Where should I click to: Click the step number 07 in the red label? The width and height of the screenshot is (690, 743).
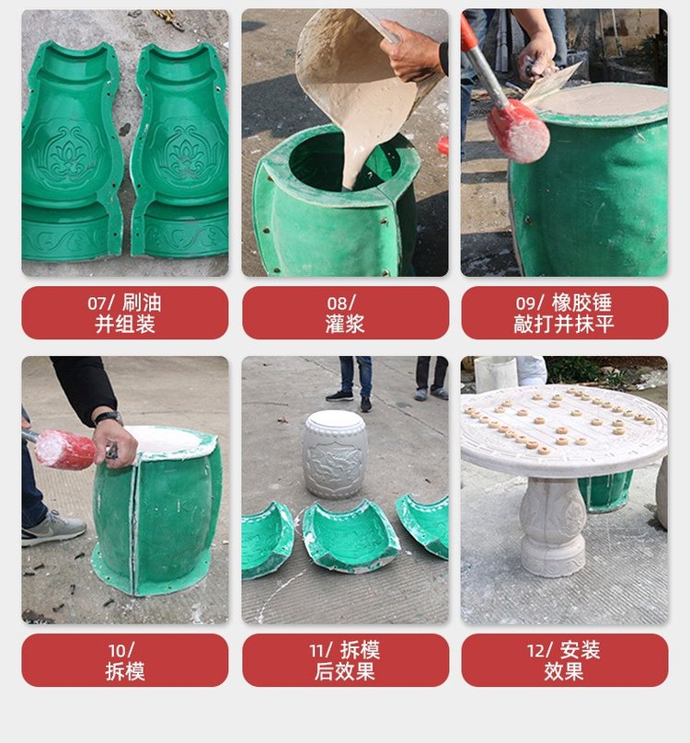tap(98, 303)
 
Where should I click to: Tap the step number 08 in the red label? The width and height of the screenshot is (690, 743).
tap(337, 303)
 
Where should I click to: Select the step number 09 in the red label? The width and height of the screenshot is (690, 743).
tap(526, 303)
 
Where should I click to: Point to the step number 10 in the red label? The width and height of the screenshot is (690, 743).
tap(118, 650)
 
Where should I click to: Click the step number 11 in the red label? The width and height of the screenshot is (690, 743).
tap(317, 650)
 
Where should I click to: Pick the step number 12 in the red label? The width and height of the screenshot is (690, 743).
tap(537, 650)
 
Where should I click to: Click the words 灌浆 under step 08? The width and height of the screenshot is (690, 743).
tap(345, 325)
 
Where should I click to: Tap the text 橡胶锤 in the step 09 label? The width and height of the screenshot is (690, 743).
tap(581, 303)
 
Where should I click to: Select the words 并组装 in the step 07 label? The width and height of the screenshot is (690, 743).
tap(125, 325)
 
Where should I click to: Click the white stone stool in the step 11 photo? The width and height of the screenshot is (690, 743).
tap(335, 454)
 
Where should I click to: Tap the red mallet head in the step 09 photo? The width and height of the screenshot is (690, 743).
tap(518, 131)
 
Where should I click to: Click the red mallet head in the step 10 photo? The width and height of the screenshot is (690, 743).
tap(65, 450)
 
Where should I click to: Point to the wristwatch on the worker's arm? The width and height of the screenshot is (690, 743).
tap(109, 417)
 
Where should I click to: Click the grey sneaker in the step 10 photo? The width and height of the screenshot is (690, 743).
tap(53, 529)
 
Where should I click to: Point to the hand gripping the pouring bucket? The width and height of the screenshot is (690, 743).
tap(412, 51)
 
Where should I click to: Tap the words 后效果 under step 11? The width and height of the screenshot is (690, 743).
tap(345, 671)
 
